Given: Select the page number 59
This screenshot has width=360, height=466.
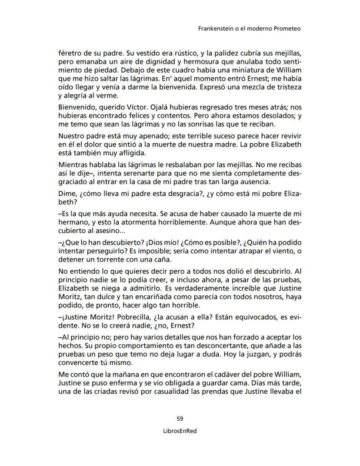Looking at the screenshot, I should [x=180, y=419].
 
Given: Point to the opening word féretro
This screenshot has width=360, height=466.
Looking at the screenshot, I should [x=70, y=54].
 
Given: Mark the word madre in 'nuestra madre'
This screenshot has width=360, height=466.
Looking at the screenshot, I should [x=247, y=144].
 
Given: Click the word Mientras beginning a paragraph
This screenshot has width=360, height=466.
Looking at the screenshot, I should [x=73, y=165].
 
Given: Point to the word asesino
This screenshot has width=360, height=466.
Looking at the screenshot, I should [x=101, y=230].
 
